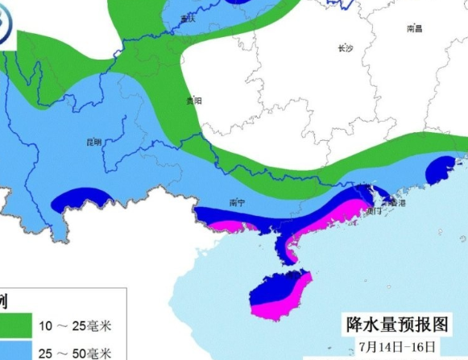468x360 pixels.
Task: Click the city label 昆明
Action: tap(93, 143)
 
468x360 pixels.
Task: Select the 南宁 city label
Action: tap(236, 202)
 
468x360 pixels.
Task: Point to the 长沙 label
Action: tap(345, 49)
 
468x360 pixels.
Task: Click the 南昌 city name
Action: tap(415, 28)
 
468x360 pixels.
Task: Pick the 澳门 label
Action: tap(373, 211)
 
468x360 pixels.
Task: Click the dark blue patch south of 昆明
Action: tap(82, 198)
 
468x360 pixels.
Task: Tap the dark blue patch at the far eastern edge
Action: tap(442, 169)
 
